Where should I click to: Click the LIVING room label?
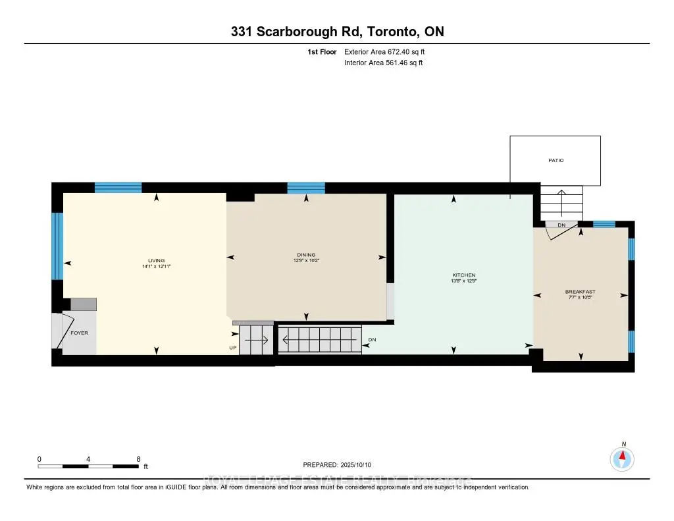[156, 260]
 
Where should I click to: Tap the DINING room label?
[306, 255]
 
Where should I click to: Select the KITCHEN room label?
[463, 275]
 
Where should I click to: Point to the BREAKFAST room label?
[580, 292]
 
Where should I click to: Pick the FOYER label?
[80, 333]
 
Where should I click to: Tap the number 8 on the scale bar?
[138, 459]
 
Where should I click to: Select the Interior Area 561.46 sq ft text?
[383, 63]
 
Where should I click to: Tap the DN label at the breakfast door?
[561, 225]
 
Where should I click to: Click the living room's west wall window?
[57, 246]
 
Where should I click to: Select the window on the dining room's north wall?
[306, 188]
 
